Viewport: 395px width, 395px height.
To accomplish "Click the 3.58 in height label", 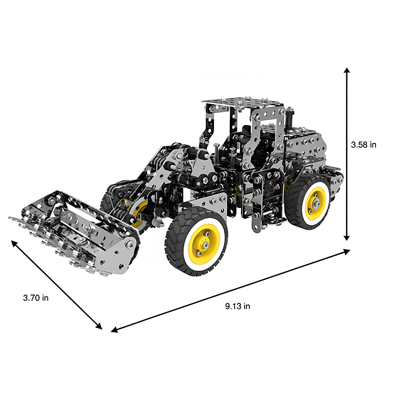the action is pos(363,145).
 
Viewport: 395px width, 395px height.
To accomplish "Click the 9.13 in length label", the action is pos(238,306).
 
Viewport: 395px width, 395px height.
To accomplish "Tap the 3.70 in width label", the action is pos(36,298).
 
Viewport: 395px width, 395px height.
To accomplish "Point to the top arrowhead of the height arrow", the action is pos(347,70).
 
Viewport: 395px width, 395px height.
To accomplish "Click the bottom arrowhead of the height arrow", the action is pos(347,238).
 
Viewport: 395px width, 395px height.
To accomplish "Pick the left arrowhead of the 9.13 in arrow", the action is pos(114,330).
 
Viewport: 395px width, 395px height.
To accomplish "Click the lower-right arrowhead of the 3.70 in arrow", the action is pos(99,326).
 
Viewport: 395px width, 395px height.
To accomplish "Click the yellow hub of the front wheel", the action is pos(204,244).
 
